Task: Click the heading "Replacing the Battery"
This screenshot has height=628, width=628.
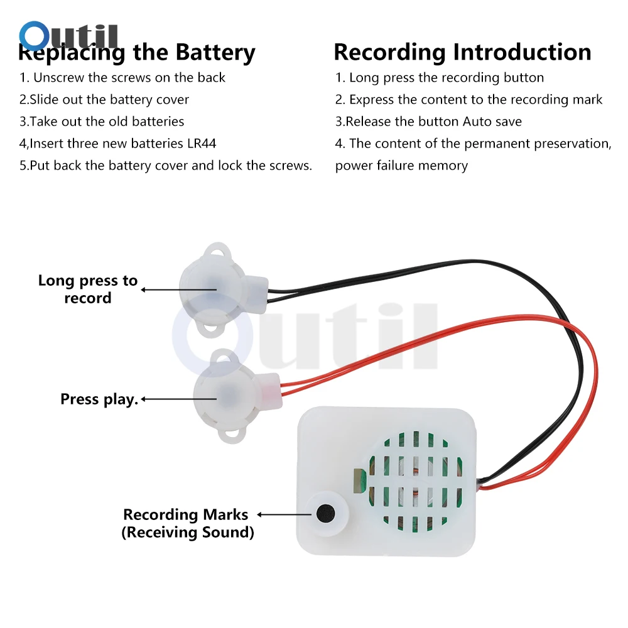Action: pyautogui.click(x=137, y=53)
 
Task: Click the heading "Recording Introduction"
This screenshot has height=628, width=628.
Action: pyautogui.click(x=462, y=52)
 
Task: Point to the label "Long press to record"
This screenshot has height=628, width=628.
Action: pyautogui.click(x=88, y=289)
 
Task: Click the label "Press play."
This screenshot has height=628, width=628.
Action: pyautogui.click(x=99, y=399)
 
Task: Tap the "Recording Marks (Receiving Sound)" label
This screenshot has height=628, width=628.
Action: pyautogui.click(x=187, y=523)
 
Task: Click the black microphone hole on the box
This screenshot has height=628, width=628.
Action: pyautogui.click(x=325, y=513)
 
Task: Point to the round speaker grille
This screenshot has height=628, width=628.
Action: pyautogui.click(x=415, y=477)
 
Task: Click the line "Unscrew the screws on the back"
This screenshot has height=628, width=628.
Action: pyautogui.click(x=122, y=78)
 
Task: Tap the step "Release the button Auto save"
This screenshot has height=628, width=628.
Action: pyautogui.click(x=428, y=121)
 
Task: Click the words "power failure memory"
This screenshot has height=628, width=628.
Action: pyautogui.click(x=401, y=166)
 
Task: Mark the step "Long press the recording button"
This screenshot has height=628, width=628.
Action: pyautogui.click(x=440, y=78)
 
